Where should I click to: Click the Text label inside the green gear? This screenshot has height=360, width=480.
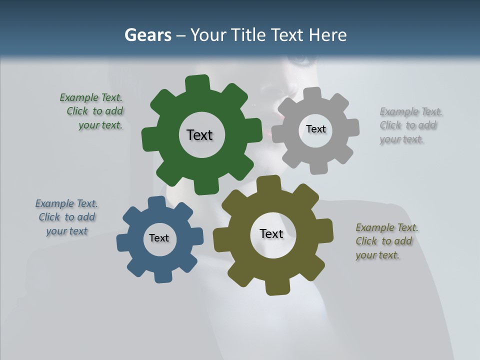pyautogui.click(x=199, y=135)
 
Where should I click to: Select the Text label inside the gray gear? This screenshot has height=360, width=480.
pyautogui.click(x=315, y=129)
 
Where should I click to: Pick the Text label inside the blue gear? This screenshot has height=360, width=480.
pyautogui.click(x=159, y=238)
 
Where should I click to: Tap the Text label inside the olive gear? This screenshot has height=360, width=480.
pyautogui.click(x=271, y=234)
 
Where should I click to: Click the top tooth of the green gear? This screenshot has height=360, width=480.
pyautogui.click(x=197, y=83)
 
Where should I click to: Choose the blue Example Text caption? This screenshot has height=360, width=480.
pyautogui.click(x=66, y=217)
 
